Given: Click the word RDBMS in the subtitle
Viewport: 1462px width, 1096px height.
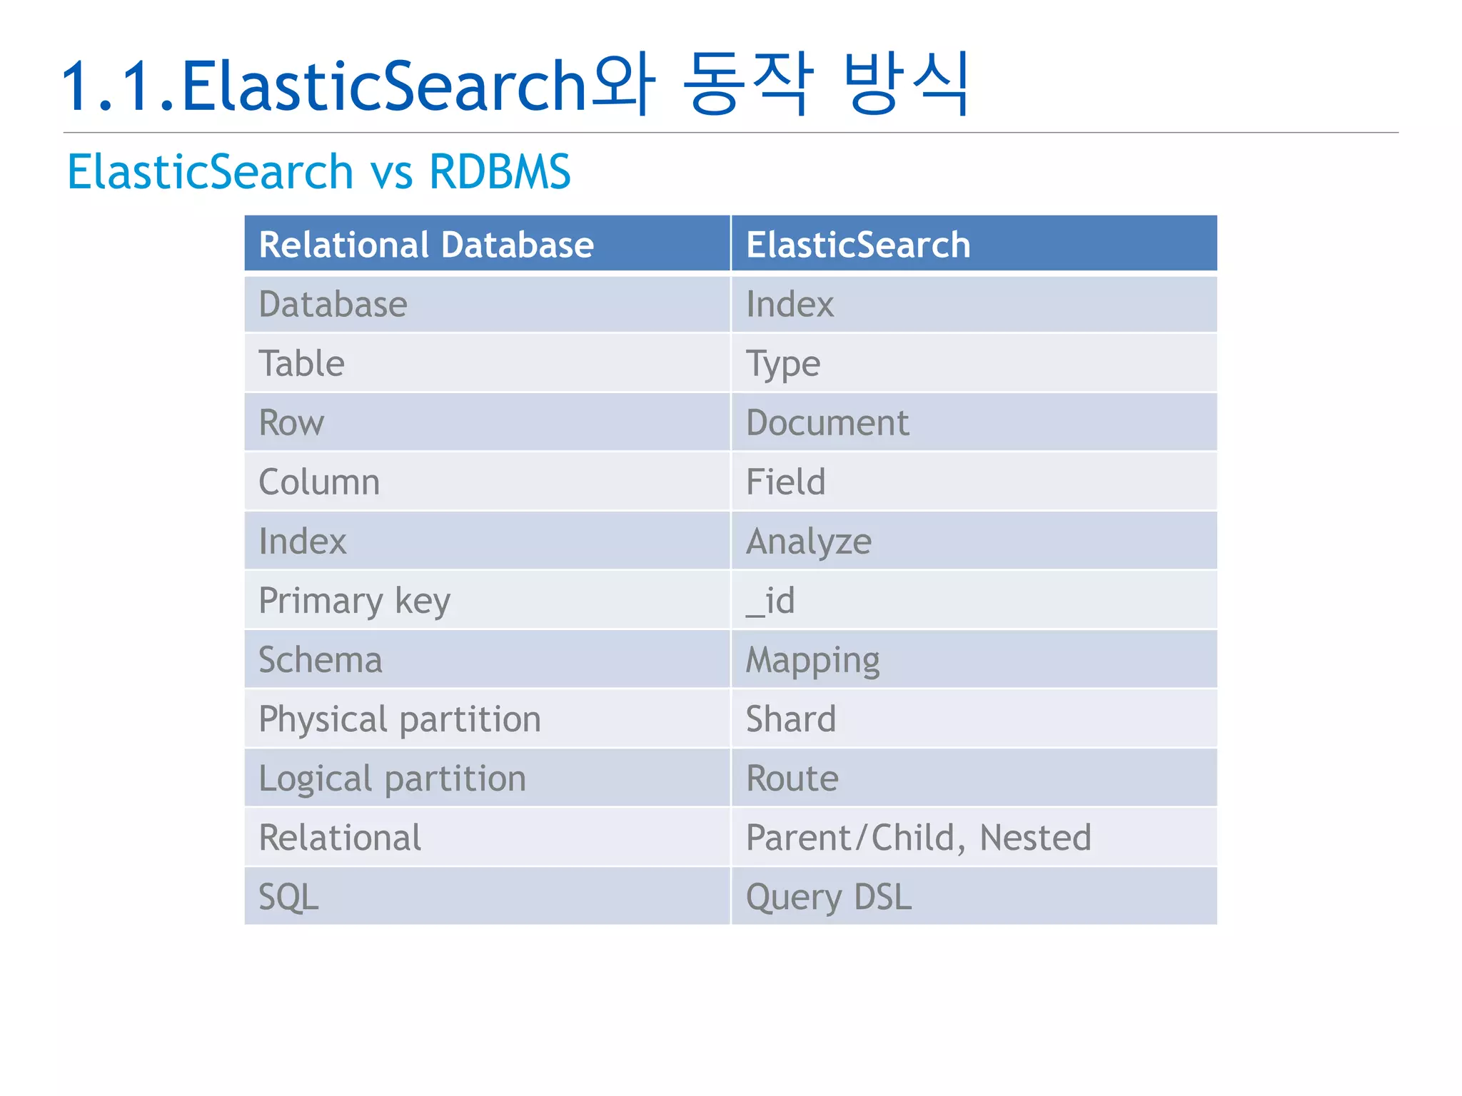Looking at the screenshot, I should pyautogui.click(x=500, y=172).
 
